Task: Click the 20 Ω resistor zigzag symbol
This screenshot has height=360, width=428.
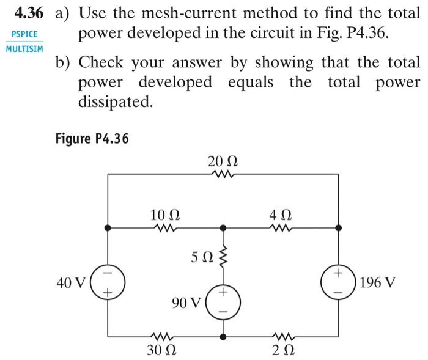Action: point(223,174)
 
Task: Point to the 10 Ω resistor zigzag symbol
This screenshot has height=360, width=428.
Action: point(165,228)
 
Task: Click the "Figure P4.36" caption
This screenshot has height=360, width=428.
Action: point(92,138)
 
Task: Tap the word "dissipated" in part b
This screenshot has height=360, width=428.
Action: point(114,102)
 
